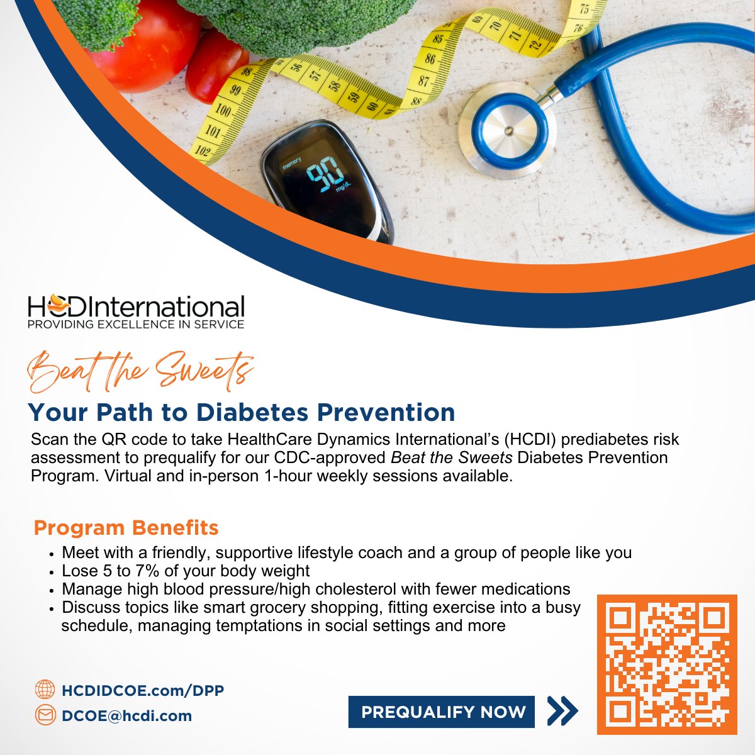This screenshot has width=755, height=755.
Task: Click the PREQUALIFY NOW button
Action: pos(442,712)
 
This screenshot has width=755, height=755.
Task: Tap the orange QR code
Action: pos(666,664)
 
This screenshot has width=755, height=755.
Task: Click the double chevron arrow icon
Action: pos(562,711)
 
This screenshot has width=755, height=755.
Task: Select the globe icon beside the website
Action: pos(45,690)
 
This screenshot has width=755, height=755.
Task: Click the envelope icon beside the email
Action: pos(45,715)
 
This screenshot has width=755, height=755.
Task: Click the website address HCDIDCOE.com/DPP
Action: pos(143,690)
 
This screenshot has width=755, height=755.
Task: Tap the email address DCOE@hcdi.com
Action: pos(126,716)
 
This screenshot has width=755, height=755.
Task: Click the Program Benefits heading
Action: pos(126,528)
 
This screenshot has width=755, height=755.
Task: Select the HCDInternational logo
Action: pos(136,308)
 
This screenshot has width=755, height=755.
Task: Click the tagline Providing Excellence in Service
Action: pos(135,325)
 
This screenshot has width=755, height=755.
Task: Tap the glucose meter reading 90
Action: pos(324,176)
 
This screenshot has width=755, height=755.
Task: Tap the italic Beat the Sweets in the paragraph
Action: pos(451,457)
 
